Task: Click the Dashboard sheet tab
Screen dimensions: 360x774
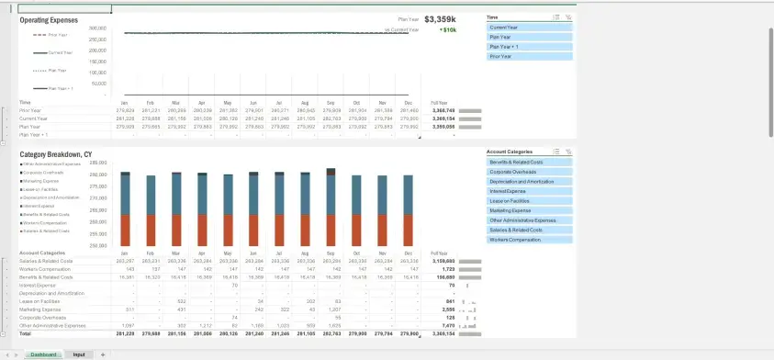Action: tap(44, 354)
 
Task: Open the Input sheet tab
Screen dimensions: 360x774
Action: tap(79, 354)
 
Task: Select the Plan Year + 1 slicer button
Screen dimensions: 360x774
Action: tap(529, 46)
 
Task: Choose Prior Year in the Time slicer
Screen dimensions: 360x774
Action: tap(529, 56)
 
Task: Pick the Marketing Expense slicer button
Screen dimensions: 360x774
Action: tap(529, 210)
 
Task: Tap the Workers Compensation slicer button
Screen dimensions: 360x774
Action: tap(529, 240)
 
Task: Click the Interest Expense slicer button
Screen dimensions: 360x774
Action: tap(529, 191)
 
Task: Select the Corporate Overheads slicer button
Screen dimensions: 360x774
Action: tap(529, 172)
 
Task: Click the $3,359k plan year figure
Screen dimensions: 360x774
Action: tap(440, 18)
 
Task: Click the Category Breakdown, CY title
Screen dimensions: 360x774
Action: tap(56, 154)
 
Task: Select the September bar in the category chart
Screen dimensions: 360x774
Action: tap(331, 207)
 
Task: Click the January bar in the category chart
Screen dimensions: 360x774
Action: tap(125, 207)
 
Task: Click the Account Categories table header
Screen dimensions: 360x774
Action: tap(42, 253)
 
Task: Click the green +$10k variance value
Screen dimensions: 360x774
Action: tap(448, 29)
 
